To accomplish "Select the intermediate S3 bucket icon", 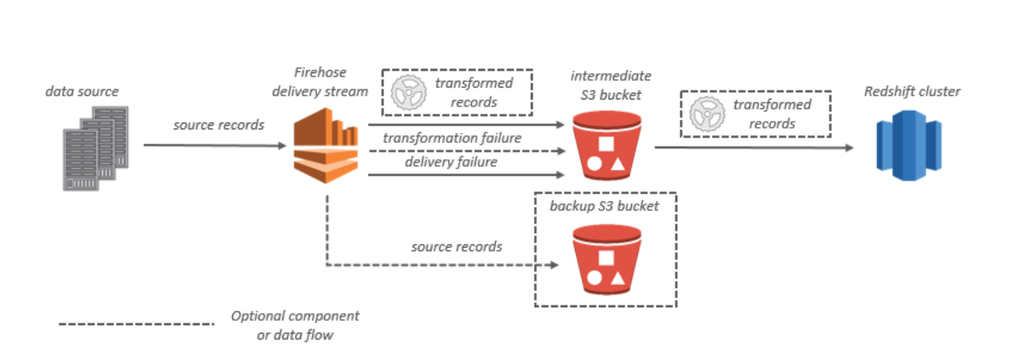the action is pyautogui.click(x=606, y=145).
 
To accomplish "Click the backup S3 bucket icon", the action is pyautogui.click(x=606, y=260).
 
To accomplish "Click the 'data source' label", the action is pyautogui.click(x=83, y=91).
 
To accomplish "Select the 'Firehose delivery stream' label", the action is pyautogui.click(x=320, y=82).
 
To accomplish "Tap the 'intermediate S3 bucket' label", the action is pyautogui.click(x=611, y=85).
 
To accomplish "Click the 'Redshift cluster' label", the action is pyautogui.click(x=913, y=91).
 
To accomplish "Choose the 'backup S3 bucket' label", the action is pyautogui.click(x=604, y=207).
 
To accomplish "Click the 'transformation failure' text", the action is pyautogui.click(x=452, y=138).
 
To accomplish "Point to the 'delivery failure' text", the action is pyautogui.click(x=452, y=161).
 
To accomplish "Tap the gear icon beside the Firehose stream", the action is pyautogui.click(x=408, y=93).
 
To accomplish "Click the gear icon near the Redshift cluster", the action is pyautogui.click(x=706, y=113).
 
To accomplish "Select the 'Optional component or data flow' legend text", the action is pyautogui.click(x=295, y=326).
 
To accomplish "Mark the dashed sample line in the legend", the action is pyautogui.click(x=136, y=323).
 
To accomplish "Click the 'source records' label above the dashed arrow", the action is pyautogui.click(x=457, y=247).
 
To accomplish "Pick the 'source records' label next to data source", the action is pyautogui.click(x=219, y=125).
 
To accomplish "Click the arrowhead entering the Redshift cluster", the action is pyautogui.click(x=849, y=147).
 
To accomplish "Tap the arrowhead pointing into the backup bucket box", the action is pyautogui.click(x=554, y=266).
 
